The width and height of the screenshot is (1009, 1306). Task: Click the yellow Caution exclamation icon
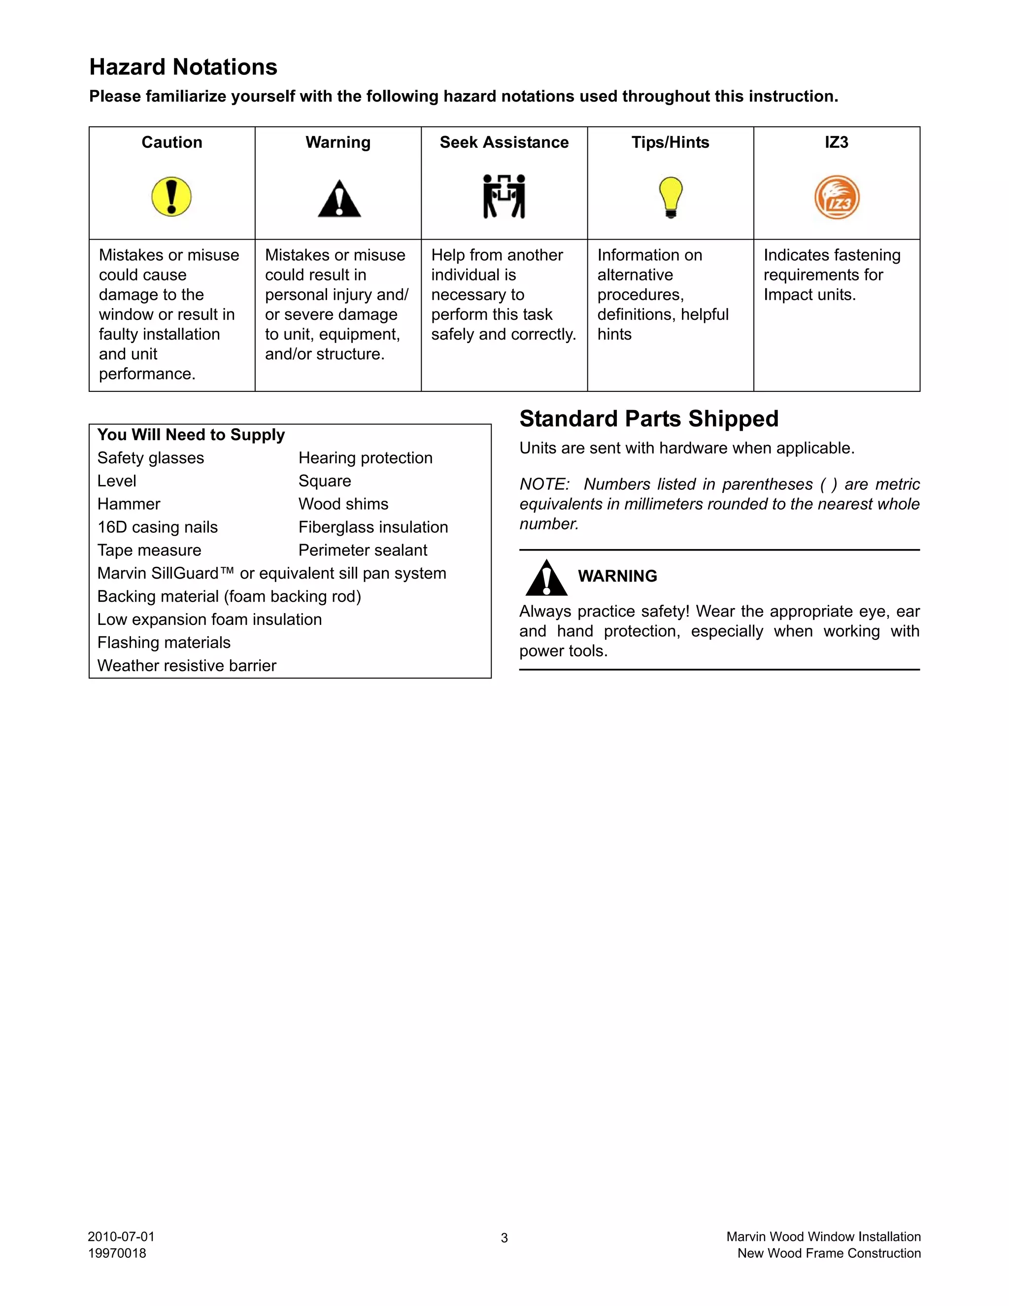[171, 197]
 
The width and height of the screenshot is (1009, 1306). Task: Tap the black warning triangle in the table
[339, 199]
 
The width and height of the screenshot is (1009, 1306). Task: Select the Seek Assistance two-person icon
[504, 196]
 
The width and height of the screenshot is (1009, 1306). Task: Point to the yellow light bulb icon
[671, 197]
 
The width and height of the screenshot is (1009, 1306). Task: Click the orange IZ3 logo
[837, 197]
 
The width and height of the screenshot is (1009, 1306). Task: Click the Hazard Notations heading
[183, 67]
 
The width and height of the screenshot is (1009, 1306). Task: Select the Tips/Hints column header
[670, 142]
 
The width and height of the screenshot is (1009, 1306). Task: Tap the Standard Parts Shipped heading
[648, 418]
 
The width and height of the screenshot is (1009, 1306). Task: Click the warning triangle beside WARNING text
[546, 578]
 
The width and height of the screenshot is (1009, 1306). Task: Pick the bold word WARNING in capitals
[617, 576]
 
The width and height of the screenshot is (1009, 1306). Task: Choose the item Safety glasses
[151, 458]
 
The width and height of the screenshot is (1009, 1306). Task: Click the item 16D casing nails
[158, 527]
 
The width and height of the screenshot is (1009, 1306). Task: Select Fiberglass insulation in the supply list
[373, 527]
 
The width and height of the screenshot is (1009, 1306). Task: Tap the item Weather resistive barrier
[187, 665]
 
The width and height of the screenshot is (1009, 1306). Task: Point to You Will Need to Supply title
[191, 435]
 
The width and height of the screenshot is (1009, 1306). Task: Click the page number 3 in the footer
[504, 1238]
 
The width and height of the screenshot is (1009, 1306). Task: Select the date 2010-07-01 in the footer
[121, 1237]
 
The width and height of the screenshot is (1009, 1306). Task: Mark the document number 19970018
[117, 1253]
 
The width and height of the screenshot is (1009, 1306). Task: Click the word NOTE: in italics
[544, 484]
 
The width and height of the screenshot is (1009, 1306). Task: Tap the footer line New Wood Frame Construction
[829, 1253]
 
